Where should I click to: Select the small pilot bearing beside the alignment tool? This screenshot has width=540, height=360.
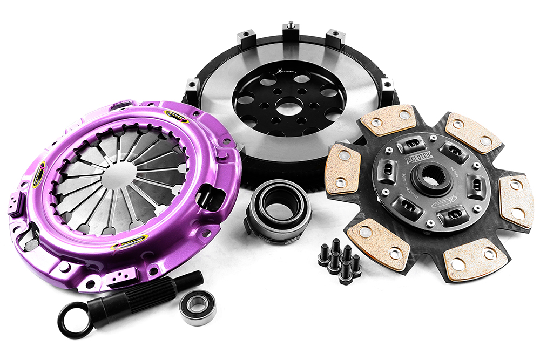point(197,307)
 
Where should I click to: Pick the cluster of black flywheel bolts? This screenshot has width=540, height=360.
point(340,260)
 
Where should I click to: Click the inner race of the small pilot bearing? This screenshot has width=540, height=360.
point(197,307)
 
